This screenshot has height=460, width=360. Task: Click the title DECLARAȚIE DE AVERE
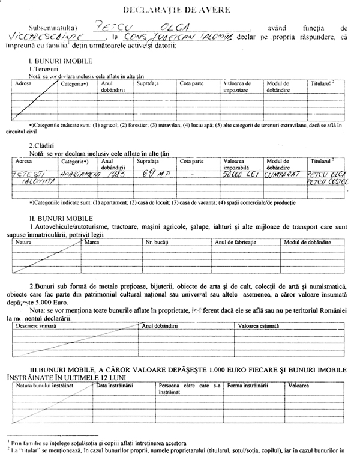pyautogui.click(x=181, y=11)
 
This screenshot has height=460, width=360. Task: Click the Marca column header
pyautogui.click(x=92, y=242)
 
